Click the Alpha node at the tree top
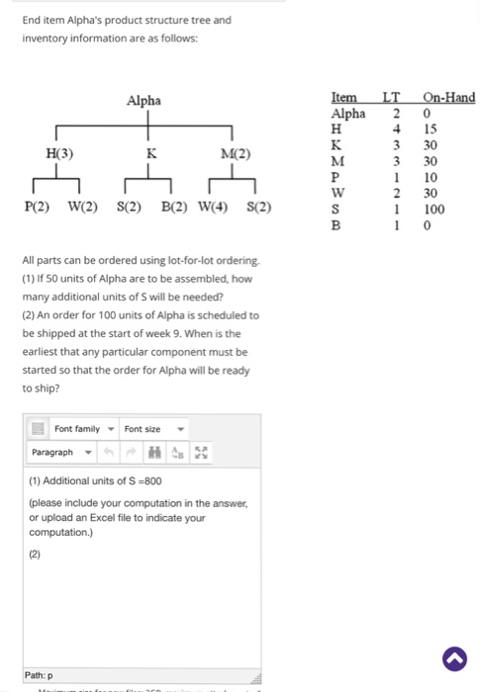coord(144,100)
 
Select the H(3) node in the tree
coord(59,153)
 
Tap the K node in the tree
coord(150,153)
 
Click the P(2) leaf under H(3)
coord(39,208)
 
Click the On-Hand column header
coord(448,97)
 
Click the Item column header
coord(343,97)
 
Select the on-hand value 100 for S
coord(433,209)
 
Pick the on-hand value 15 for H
coord(431,129)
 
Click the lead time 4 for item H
coord(394,129)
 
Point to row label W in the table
coord(336,193)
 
